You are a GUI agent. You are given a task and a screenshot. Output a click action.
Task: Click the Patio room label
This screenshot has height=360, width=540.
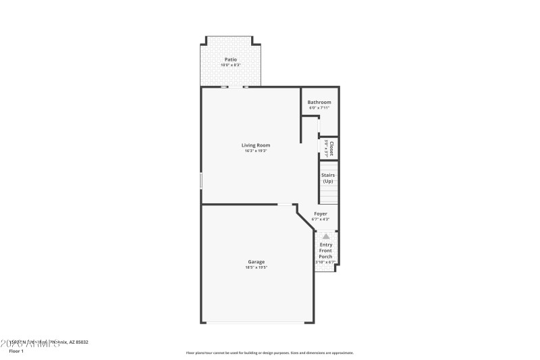coord(230,59)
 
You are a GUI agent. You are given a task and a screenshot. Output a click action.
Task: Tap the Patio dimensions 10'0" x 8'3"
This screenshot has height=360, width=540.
coord(230,65)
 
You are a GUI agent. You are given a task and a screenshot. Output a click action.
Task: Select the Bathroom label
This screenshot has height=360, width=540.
coord(319,102)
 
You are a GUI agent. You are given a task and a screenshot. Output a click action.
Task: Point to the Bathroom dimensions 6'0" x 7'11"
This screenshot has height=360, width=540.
coord(319,107)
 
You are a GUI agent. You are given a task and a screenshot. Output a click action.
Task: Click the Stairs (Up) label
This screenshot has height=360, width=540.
coord(328,178)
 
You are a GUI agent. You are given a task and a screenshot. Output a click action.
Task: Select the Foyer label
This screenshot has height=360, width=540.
coord(321,213)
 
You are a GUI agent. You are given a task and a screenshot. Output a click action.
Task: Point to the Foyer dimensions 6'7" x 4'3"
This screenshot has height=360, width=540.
coord(321,219)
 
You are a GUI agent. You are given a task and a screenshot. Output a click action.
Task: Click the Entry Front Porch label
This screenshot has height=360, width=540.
coord(325,251)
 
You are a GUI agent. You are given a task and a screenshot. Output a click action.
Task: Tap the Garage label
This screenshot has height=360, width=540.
coord(256,261)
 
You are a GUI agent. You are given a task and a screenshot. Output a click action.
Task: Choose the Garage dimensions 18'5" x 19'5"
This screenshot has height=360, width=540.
coord(256,267)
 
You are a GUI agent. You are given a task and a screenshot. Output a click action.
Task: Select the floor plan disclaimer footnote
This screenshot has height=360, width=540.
coord(269,353)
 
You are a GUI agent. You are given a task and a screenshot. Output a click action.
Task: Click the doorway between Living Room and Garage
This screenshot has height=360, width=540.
coord(286,204)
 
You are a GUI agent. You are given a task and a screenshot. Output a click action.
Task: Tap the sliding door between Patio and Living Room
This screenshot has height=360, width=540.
coord(235,87)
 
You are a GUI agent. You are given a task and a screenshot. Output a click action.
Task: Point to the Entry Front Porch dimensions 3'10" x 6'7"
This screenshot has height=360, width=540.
coord(325,262)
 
